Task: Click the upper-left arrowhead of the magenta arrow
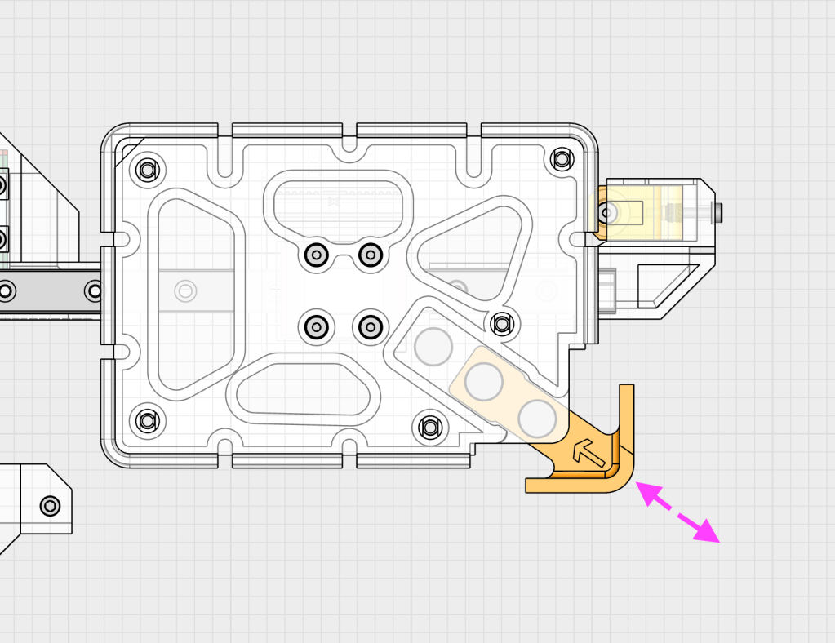pyautogui.click(x=647, y=492)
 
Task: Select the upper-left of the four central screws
pyautogui.click(x=314, y=255)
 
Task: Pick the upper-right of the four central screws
pyautogui.click(x=371, y=255)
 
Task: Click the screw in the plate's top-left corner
pyautogui.click(x=147, y=171)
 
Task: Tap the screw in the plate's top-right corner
pyautogui.click(x=562, y=159)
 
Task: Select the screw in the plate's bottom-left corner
pyautogui.click(x=147, y=421)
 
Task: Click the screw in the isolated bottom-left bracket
pyautogui.click(x=50, y=506)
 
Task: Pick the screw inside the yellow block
pyautogui.click(x=607, y=213)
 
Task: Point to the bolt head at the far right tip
pyautogui.click(x=717, y=213)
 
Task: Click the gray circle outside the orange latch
pyautogui.click(x=433, y=346)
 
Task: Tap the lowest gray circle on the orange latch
pyautogui.click(x=537, y=418)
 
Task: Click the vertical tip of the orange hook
pyautogui.click(x=626, y=392)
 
